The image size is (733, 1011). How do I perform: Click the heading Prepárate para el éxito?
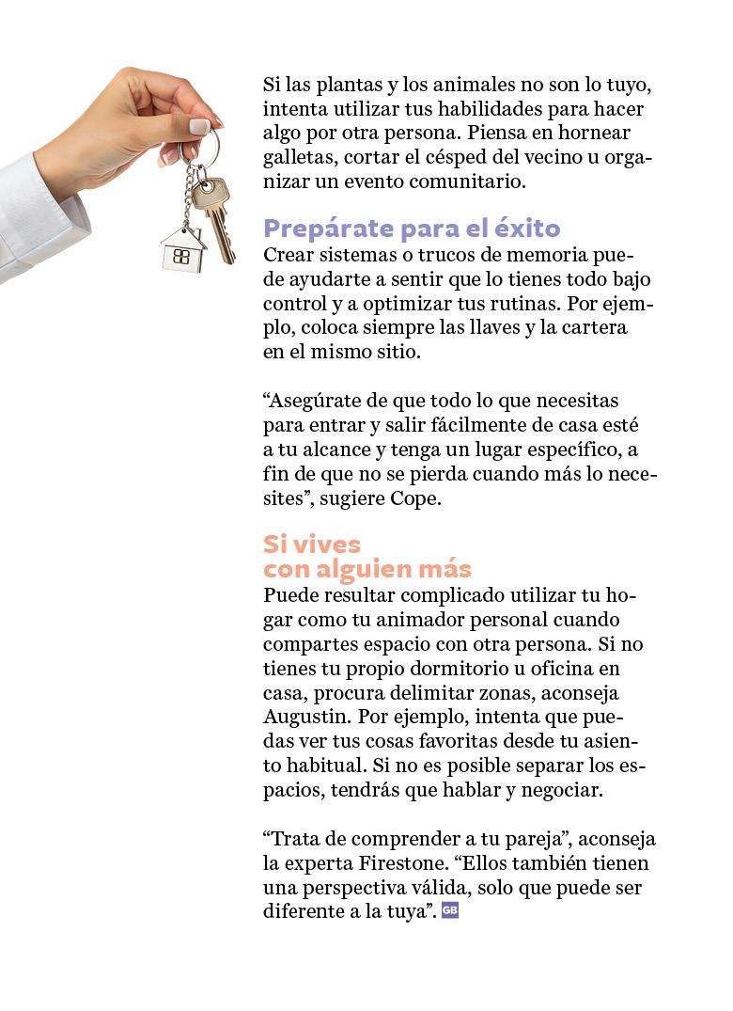pyautogui.click(x=412, y=229)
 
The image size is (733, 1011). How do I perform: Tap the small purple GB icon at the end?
pyautogui.click(x=449, y=909)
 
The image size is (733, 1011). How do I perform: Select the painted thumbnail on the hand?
pyautogui.click(x=199, y=126)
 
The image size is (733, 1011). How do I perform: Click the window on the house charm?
pyautogui.click(x=182, y=256)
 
